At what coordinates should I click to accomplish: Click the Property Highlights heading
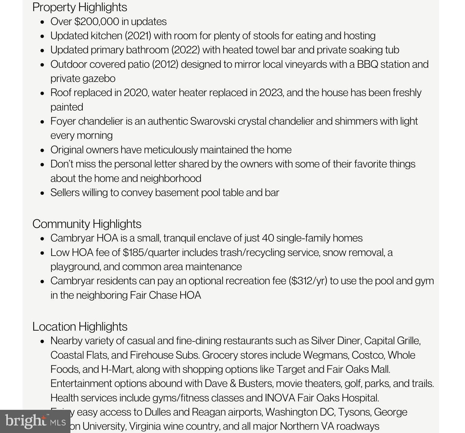(80, 7)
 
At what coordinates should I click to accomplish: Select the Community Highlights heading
(87, 224)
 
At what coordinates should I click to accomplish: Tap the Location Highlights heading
(80, 326)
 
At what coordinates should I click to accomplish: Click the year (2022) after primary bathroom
(185, 50)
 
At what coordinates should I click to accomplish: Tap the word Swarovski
(212, 121)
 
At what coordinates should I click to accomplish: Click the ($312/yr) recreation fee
(308, 281)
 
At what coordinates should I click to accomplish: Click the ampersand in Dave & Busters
(233, 384)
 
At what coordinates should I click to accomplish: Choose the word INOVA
(280, 398)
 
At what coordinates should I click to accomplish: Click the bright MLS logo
(35, 421)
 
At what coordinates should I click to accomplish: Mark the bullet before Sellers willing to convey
(42, 193)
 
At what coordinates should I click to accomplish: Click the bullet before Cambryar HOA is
(42, 238)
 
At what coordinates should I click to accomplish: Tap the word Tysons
(355, 412)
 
